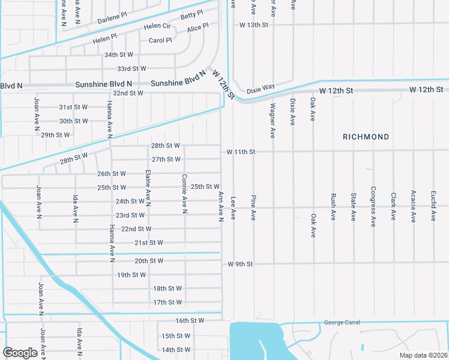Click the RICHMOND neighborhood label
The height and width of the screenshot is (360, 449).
(366, 137)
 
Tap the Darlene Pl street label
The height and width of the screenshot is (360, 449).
(114, 20)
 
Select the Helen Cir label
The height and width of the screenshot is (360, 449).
(158, 27)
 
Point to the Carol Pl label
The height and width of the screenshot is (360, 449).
(160, 41)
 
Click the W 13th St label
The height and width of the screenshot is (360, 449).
(253, 25)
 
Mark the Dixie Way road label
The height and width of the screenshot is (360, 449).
(261, 87)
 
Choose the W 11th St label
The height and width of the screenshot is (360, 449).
(241, 152)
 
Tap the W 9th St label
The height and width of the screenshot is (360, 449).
(241, 263)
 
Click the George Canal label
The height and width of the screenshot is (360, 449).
(342, 322)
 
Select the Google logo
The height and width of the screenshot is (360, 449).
(20, 352)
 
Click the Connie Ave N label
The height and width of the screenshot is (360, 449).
(184, 194)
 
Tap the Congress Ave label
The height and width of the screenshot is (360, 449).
(373, 206)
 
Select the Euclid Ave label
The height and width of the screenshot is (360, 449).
(433, 206)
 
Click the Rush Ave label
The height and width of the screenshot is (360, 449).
(333, 206)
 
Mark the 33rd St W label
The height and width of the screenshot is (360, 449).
(131, 69)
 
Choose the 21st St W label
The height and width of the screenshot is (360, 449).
(148, 243)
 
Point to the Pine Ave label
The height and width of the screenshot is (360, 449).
(253, 206)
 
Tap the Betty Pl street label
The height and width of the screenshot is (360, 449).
(192, 14)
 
